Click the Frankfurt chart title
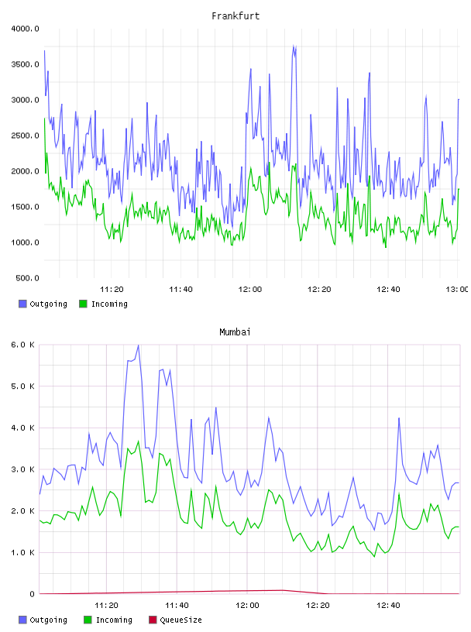(x=235, y=16)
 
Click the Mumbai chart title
(x=235, y=332)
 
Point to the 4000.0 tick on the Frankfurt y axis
(x=25, y=29)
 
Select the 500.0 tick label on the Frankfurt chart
(x=27, y=278)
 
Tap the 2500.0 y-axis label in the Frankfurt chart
(x=25, y=136)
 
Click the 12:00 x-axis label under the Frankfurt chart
(x=250, y=290)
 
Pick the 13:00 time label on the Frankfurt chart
(x=457, y=290)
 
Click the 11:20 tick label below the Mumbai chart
(x=106, y=606)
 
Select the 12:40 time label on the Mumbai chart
(x=388, y=606)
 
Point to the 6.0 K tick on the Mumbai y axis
(x=23, y=345)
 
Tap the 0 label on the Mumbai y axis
(x=33, y=594)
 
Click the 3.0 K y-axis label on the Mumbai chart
(x=23, y=469)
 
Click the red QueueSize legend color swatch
(x=153, y=620)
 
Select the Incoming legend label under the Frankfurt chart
(x=109, y=304)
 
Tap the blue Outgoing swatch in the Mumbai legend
(x=22, y=620)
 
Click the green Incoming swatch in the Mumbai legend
(x=88, y=620)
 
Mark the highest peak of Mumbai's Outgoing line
(x=139, y=345)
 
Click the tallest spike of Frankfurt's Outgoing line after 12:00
(x=294, y=45)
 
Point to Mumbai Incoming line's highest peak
(x=139, y=441)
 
